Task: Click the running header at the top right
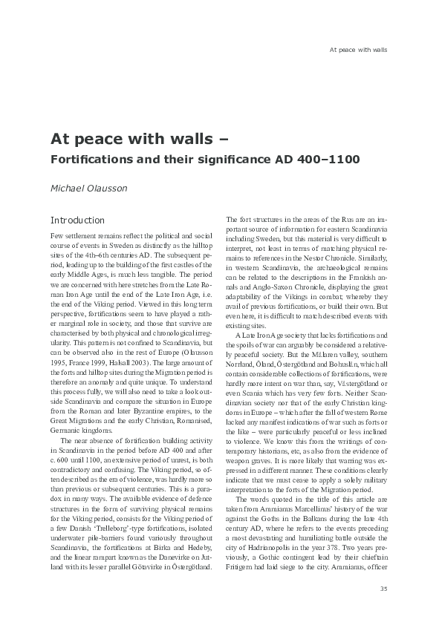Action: (358, 50)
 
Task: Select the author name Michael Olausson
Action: (88, 188)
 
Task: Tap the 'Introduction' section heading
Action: (77, 220)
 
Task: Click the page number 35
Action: (383, 589)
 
